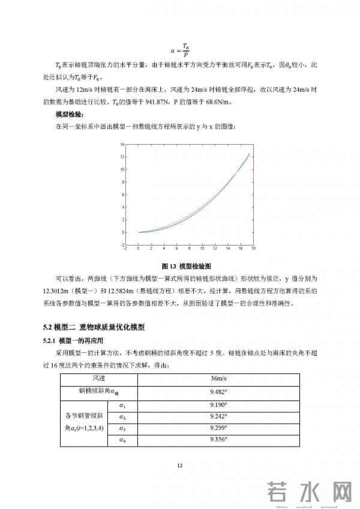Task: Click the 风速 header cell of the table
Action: pyautogui.click(x=98, y=378)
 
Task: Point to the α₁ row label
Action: pyautogui.click(x=122, y=406)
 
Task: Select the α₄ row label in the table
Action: pyautogui.click(x=122, y=440)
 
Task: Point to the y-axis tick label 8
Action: pyautogui.click(x=122, y=182)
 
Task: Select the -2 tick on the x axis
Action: pyautogui.click(x=124, y=248)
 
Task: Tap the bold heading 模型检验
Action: pyautogui.click(x=69, y=113)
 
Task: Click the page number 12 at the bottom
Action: pyautogui.click(x=179, y=465)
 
